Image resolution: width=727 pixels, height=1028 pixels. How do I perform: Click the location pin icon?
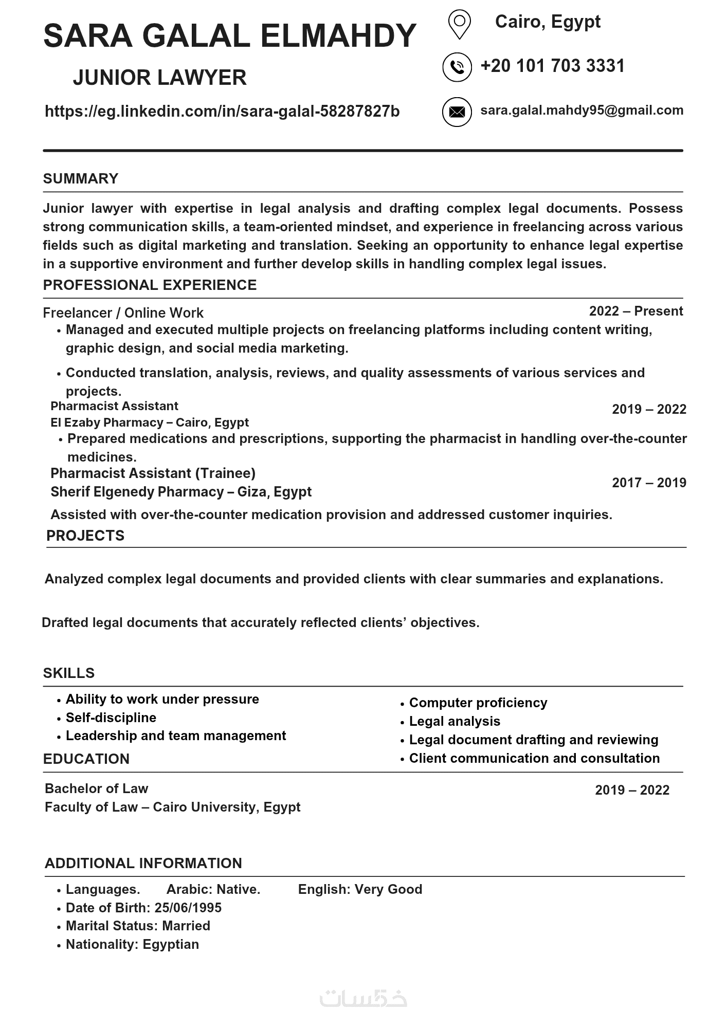[459, 24]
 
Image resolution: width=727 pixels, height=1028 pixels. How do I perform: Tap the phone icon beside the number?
[457, 67]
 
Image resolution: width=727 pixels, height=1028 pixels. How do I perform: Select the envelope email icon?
[457, 112]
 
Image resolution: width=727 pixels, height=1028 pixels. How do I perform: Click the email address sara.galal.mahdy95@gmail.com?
[581, 111]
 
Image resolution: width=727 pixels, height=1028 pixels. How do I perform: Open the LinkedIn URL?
[222, 112]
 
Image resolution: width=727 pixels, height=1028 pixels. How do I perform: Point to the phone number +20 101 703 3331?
[552, 66]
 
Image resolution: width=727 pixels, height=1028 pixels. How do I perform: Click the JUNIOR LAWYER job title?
[159, 78]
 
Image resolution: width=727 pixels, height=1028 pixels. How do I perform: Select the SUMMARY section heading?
[81, 179]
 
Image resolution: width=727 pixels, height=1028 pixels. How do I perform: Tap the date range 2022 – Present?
[635, 311]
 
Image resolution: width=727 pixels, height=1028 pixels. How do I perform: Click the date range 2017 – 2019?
[649, 483]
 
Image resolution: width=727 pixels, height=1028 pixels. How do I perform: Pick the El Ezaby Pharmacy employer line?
[149, 423]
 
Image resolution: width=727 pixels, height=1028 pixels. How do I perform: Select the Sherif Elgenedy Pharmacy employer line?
[181, 492]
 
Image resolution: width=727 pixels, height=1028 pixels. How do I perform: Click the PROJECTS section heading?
[85, 536]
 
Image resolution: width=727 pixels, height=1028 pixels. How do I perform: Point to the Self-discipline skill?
[111, 718]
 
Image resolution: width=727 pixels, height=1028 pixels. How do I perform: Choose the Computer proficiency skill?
[478, 703]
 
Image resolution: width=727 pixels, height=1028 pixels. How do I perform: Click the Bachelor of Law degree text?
[96, 788]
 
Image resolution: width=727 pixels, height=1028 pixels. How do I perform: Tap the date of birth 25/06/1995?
[188, 908]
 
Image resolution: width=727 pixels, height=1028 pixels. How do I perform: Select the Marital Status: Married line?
[138, 926]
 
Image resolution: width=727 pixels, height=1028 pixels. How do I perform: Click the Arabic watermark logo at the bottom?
[363, 998]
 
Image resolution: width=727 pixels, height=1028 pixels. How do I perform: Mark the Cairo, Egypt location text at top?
[548, 22]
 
